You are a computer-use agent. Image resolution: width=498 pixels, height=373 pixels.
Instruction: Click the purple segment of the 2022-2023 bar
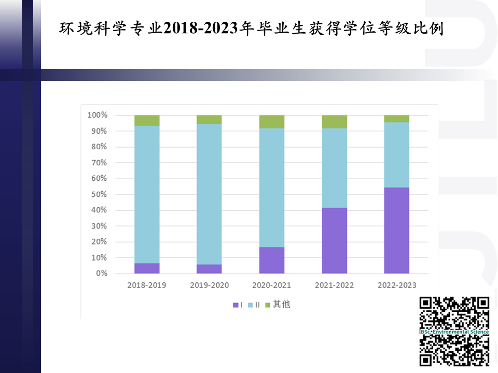[x=396, y=230]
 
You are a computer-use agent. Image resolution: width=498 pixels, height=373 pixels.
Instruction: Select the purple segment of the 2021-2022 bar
[x=334, y=240]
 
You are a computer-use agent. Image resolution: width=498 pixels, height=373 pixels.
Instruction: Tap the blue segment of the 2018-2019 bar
[x=147, y=194]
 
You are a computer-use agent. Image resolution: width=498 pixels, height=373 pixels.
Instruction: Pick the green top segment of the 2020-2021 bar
[x=272, y=122]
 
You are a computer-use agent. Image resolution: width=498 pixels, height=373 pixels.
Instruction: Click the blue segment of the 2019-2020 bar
[x=209, y=194]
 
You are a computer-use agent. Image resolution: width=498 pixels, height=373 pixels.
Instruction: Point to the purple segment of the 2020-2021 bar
[x=272, y=260]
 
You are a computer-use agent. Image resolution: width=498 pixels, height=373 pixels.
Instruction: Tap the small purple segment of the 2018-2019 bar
[x=147, y=268]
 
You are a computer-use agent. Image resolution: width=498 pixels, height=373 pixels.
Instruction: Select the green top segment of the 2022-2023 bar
[x=396, y=119]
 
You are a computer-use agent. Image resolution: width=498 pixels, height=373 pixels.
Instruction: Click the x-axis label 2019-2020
[x=209, y=285]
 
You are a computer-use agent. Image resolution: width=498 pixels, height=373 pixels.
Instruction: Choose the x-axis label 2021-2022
[x=334, y=285]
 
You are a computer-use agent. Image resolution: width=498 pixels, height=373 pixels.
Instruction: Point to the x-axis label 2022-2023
[x=396, y=285]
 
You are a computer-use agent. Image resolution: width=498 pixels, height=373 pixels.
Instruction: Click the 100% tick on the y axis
[x=97, y=115]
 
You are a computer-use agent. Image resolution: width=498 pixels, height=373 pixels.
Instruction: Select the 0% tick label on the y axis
[x=101, y=274]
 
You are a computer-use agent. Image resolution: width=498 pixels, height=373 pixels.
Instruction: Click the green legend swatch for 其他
[x=268, y=305]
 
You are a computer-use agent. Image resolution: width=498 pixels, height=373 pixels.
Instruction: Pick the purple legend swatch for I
[x=236, y=305]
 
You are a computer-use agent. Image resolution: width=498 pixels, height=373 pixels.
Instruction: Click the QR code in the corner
[x=454, y=332]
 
